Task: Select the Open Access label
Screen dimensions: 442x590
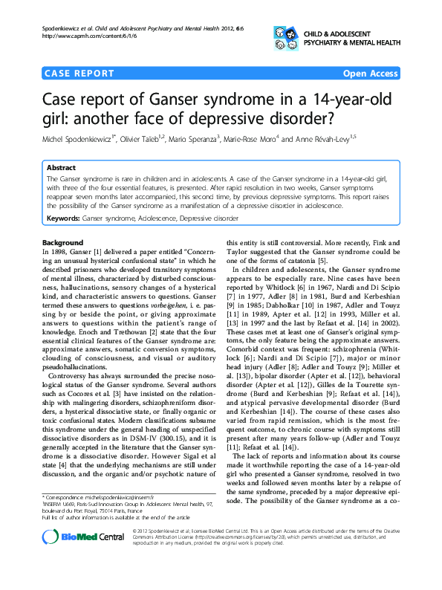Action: point(370,74)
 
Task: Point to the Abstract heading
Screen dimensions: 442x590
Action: point(61,168)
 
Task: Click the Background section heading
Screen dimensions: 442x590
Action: point(62,243)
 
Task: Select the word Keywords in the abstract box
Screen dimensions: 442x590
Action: point(62,219)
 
